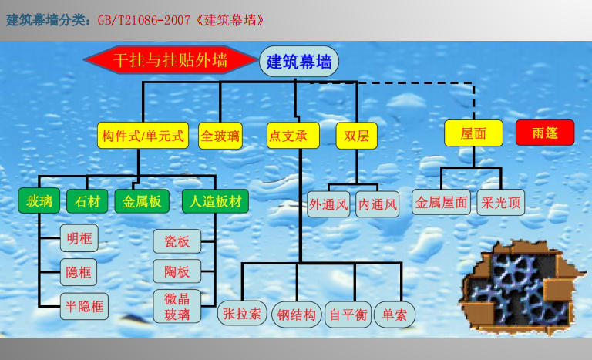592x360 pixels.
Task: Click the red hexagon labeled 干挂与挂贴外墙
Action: [x=170, y=59]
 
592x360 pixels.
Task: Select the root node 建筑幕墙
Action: [x=299, y=61]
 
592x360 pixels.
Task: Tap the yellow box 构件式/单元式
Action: [x=143, y=135]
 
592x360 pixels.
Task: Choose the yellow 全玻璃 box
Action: [x=220, y=136]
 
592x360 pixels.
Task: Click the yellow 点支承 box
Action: [x=293, y=135]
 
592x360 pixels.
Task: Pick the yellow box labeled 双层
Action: [x=357, y=135]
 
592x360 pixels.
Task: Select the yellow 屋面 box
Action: [x=473, y=133]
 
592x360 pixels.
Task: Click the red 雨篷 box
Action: [x=545, y=133]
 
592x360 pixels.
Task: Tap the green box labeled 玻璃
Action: [x=39, y=200]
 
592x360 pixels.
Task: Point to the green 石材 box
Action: [x=87, y=201]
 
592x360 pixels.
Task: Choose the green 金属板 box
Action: [x=142, y=201]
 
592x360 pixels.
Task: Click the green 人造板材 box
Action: [x=215, y=201]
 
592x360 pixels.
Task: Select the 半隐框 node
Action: [x=84, y=306]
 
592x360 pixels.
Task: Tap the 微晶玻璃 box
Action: [x=177, y=306]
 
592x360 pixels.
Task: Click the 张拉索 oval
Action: [x=242, y=313]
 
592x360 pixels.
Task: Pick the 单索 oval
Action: [x=395, y=314]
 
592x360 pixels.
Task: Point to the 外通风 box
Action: [x=328, y=204]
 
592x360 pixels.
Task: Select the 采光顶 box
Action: [x=500, y=203]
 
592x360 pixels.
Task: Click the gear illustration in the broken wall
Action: [x=521, y=288]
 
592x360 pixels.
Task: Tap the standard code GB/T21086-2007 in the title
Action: [x=144, y=19]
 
